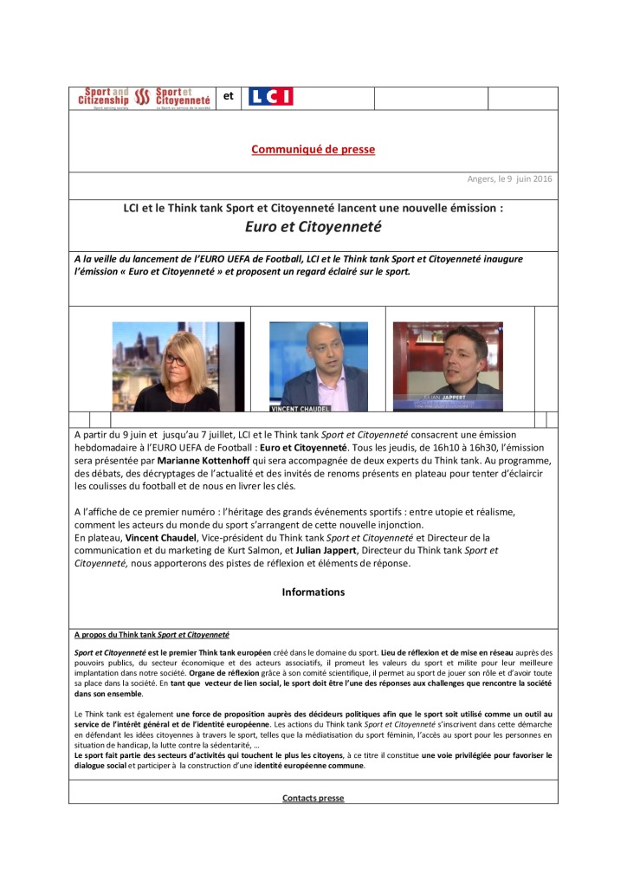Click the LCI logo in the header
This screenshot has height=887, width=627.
270,97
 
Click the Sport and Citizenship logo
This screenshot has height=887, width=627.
103,98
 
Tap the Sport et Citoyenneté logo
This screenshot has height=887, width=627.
183,98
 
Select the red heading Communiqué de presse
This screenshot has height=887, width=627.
313,149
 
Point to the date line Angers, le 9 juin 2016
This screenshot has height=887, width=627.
510,179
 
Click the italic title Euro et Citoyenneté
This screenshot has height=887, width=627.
313,228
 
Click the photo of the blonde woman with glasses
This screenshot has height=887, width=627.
178,366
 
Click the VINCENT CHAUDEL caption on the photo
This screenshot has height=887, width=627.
301,406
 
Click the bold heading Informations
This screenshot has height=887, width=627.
313,592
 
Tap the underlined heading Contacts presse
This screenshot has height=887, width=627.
313,798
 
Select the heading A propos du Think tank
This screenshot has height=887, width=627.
152,634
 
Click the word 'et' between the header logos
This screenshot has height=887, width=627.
229,96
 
